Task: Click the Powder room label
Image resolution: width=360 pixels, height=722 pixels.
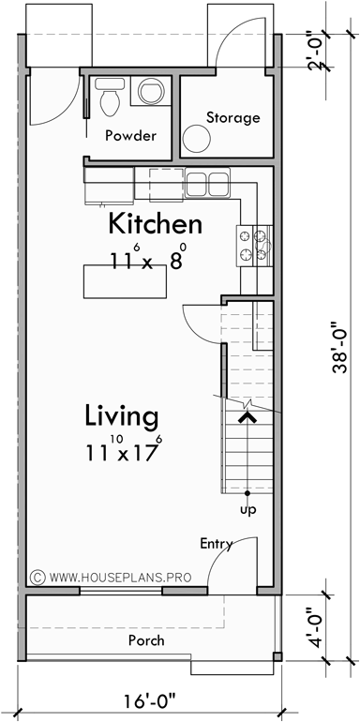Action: tap(130, 135)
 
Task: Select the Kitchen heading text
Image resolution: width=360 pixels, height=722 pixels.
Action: tap(155, 224)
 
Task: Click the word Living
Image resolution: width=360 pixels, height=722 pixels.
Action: tap(121, 414)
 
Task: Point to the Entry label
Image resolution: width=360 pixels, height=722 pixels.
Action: tap(216, 544)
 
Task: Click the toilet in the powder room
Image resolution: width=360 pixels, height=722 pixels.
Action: tap(109, 96)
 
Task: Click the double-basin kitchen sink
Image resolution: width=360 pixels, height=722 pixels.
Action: tap(207, 182)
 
